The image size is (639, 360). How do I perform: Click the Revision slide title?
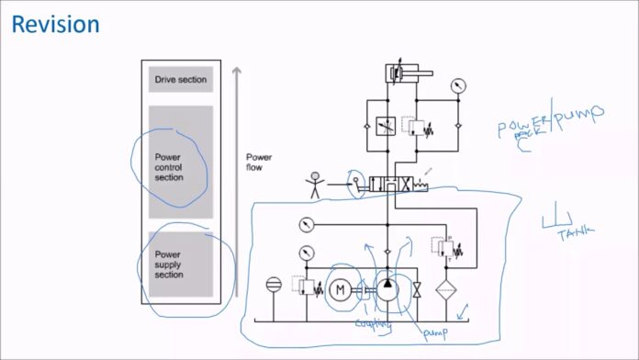coord(55,25)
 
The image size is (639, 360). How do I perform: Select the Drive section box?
coord(181,80)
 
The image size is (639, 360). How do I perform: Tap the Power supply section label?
coord(169,264)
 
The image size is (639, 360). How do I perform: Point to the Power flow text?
coord(259,162)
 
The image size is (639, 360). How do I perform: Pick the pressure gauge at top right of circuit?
coord(457,85)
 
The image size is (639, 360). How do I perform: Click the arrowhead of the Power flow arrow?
coord(236,69)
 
